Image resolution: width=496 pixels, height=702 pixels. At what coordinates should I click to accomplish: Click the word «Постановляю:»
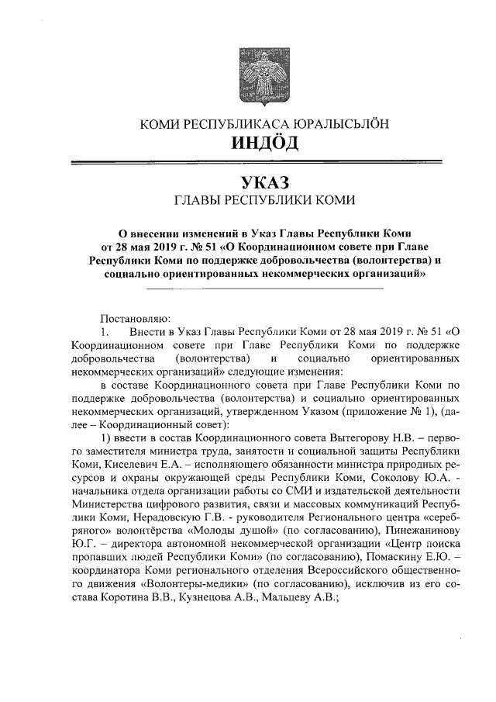[x=133, y=319]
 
